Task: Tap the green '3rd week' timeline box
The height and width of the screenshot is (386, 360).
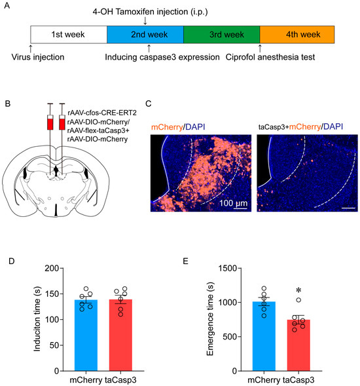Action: [x=221, y=34]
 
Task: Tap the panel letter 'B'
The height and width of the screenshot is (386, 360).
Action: [x=7, y=103]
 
